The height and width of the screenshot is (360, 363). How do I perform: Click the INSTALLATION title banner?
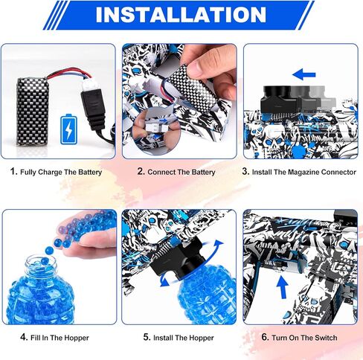(181, 15)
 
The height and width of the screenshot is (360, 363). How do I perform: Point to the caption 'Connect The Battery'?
(182, 172)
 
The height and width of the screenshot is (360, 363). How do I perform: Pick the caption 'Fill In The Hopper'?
(60, 338)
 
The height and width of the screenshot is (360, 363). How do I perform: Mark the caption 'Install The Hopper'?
(182, 338)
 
